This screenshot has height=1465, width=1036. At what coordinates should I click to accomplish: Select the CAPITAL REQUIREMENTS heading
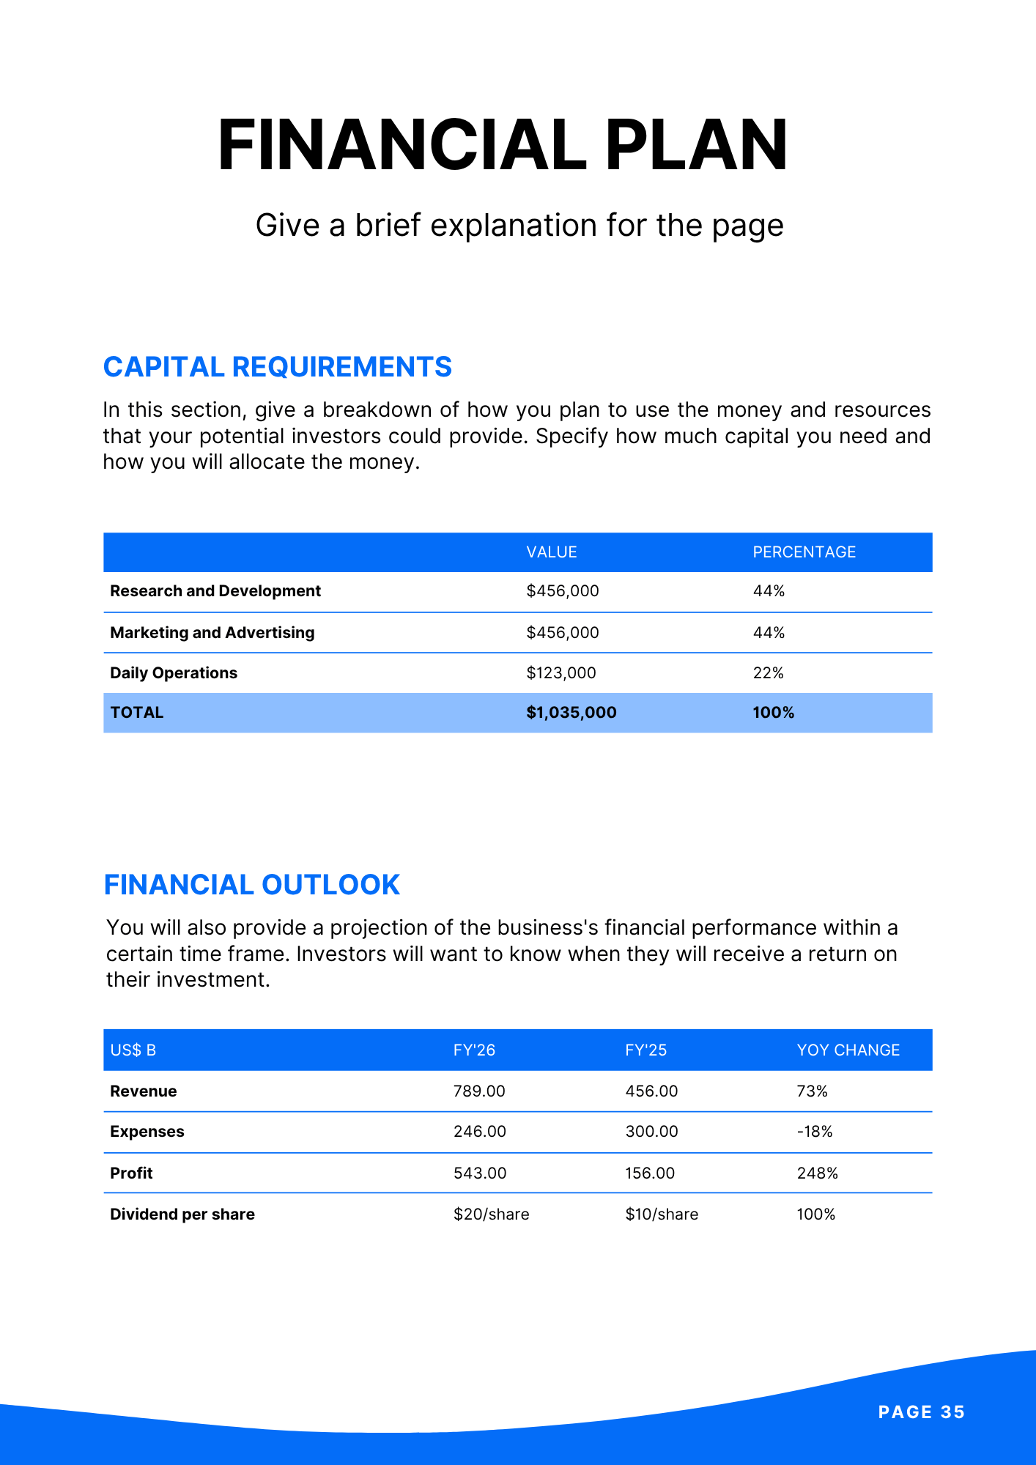click(x=278, y=367)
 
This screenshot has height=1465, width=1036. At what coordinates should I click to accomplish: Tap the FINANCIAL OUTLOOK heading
click(x=251, y=885)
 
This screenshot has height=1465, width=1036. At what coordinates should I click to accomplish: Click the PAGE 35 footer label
click(x=921, y=1412)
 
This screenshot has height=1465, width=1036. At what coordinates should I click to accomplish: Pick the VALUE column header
click(x=551, y=552)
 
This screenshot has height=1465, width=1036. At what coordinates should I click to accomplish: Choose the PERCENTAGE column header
click(x=804, y=552)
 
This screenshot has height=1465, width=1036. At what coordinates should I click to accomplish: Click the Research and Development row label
click(x=215, y=591)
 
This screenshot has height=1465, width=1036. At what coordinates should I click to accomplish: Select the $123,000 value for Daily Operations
click(x=560, y=673)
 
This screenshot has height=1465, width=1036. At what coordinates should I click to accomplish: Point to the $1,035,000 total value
click(x=571, y=713)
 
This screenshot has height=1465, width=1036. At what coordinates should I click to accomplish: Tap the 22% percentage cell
click(x=768, y=673)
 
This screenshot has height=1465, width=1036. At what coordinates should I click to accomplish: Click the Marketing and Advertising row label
click(x=212, y=633)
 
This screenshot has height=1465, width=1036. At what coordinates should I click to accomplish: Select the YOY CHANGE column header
click(x=848, y=1050)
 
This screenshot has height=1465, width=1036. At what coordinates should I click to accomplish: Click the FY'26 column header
click(x=474, y=1050)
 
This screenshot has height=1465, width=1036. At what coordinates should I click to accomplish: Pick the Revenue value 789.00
click(x=479, y=1091)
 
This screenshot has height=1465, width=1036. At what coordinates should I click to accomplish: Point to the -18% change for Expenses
click(x=815, y=1132)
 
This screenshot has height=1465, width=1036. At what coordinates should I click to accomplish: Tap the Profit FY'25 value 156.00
click(x=651, y=1173)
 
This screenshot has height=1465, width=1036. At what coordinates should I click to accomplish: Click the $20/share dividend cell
click(x=491, y=1214)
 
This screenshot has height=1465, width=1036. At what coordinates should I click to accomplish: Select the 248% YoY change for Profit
click(x=817, y=1173)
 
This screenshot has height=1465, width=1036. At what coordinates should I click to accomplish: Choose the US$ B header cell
click(x=133, y=1050)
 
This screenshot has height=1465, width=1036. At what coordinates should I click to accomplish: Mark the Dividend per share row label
click(x=182, y=1214)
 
